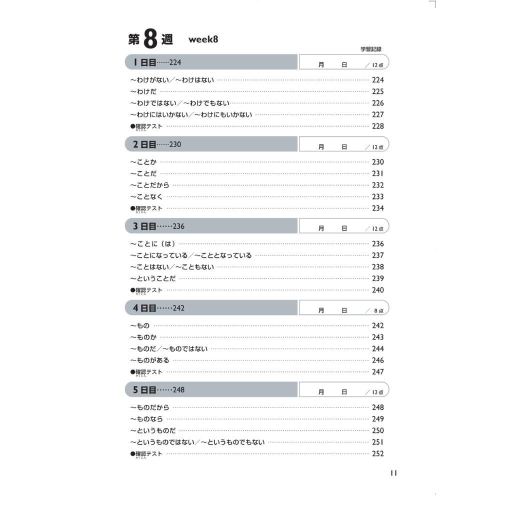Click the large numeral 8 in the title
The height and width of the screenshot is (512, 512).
150,39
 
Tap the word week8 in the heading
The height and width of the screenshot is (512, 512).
203,39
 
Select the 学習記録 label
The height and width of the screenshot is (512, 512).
370,49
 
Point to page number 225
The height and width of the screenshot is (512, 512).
377,91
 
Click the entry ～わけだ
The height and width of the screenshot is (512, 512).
143,91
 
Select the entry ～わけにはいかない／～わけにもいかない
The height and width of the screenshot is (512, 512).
191,114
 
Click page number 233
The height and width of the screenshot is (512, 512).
377,196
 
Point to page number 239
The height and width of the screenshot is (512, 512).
377,278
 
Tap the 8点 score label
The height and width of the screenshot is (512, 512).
378,310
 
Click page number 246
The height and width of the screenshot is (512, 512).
377,360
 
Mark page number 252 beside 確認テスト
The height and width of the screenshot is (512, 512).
377,453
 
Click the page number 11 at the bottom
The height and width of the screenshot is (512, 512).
393,473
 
